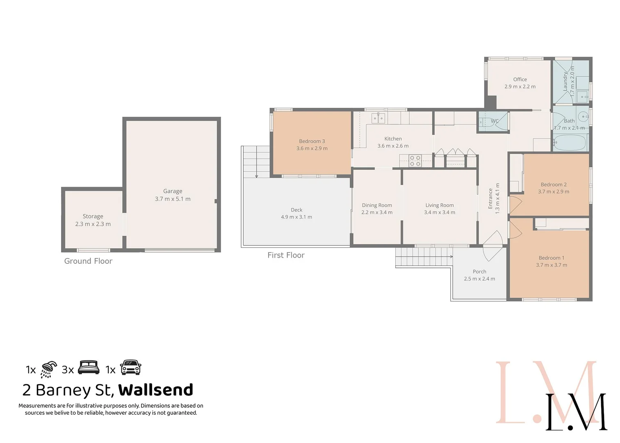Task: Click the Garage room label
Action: point(173,191)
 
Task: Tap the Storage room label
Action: point(93,216)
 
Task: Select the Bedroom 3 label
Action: point(312,141)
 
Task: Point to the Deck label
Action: point(296,210)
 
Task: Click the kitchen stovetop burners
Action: point(415,160)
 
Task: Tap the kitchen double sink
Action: point(378,119)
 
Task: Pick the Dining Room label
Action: point(377,205)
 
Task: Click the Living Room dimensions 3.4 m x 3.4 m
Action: point(440,212)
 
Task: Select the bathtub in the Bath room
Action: point(570,143)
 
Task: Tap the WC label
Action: point(495,121)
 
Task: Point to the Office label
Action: point(520,79)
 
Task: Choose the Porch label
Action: point(479,272)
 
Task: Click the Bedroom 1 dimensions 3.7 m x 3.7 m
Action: point(552,265)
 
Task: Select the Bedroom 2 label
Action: point(554,185)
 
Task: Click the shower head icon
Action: point(49,369)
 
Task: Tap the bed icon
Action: point(89,367)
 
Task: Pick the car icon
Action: point(131,368)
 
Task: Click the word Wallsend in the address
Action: point(156,390)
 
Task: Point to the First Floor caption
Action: point(286,255)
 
